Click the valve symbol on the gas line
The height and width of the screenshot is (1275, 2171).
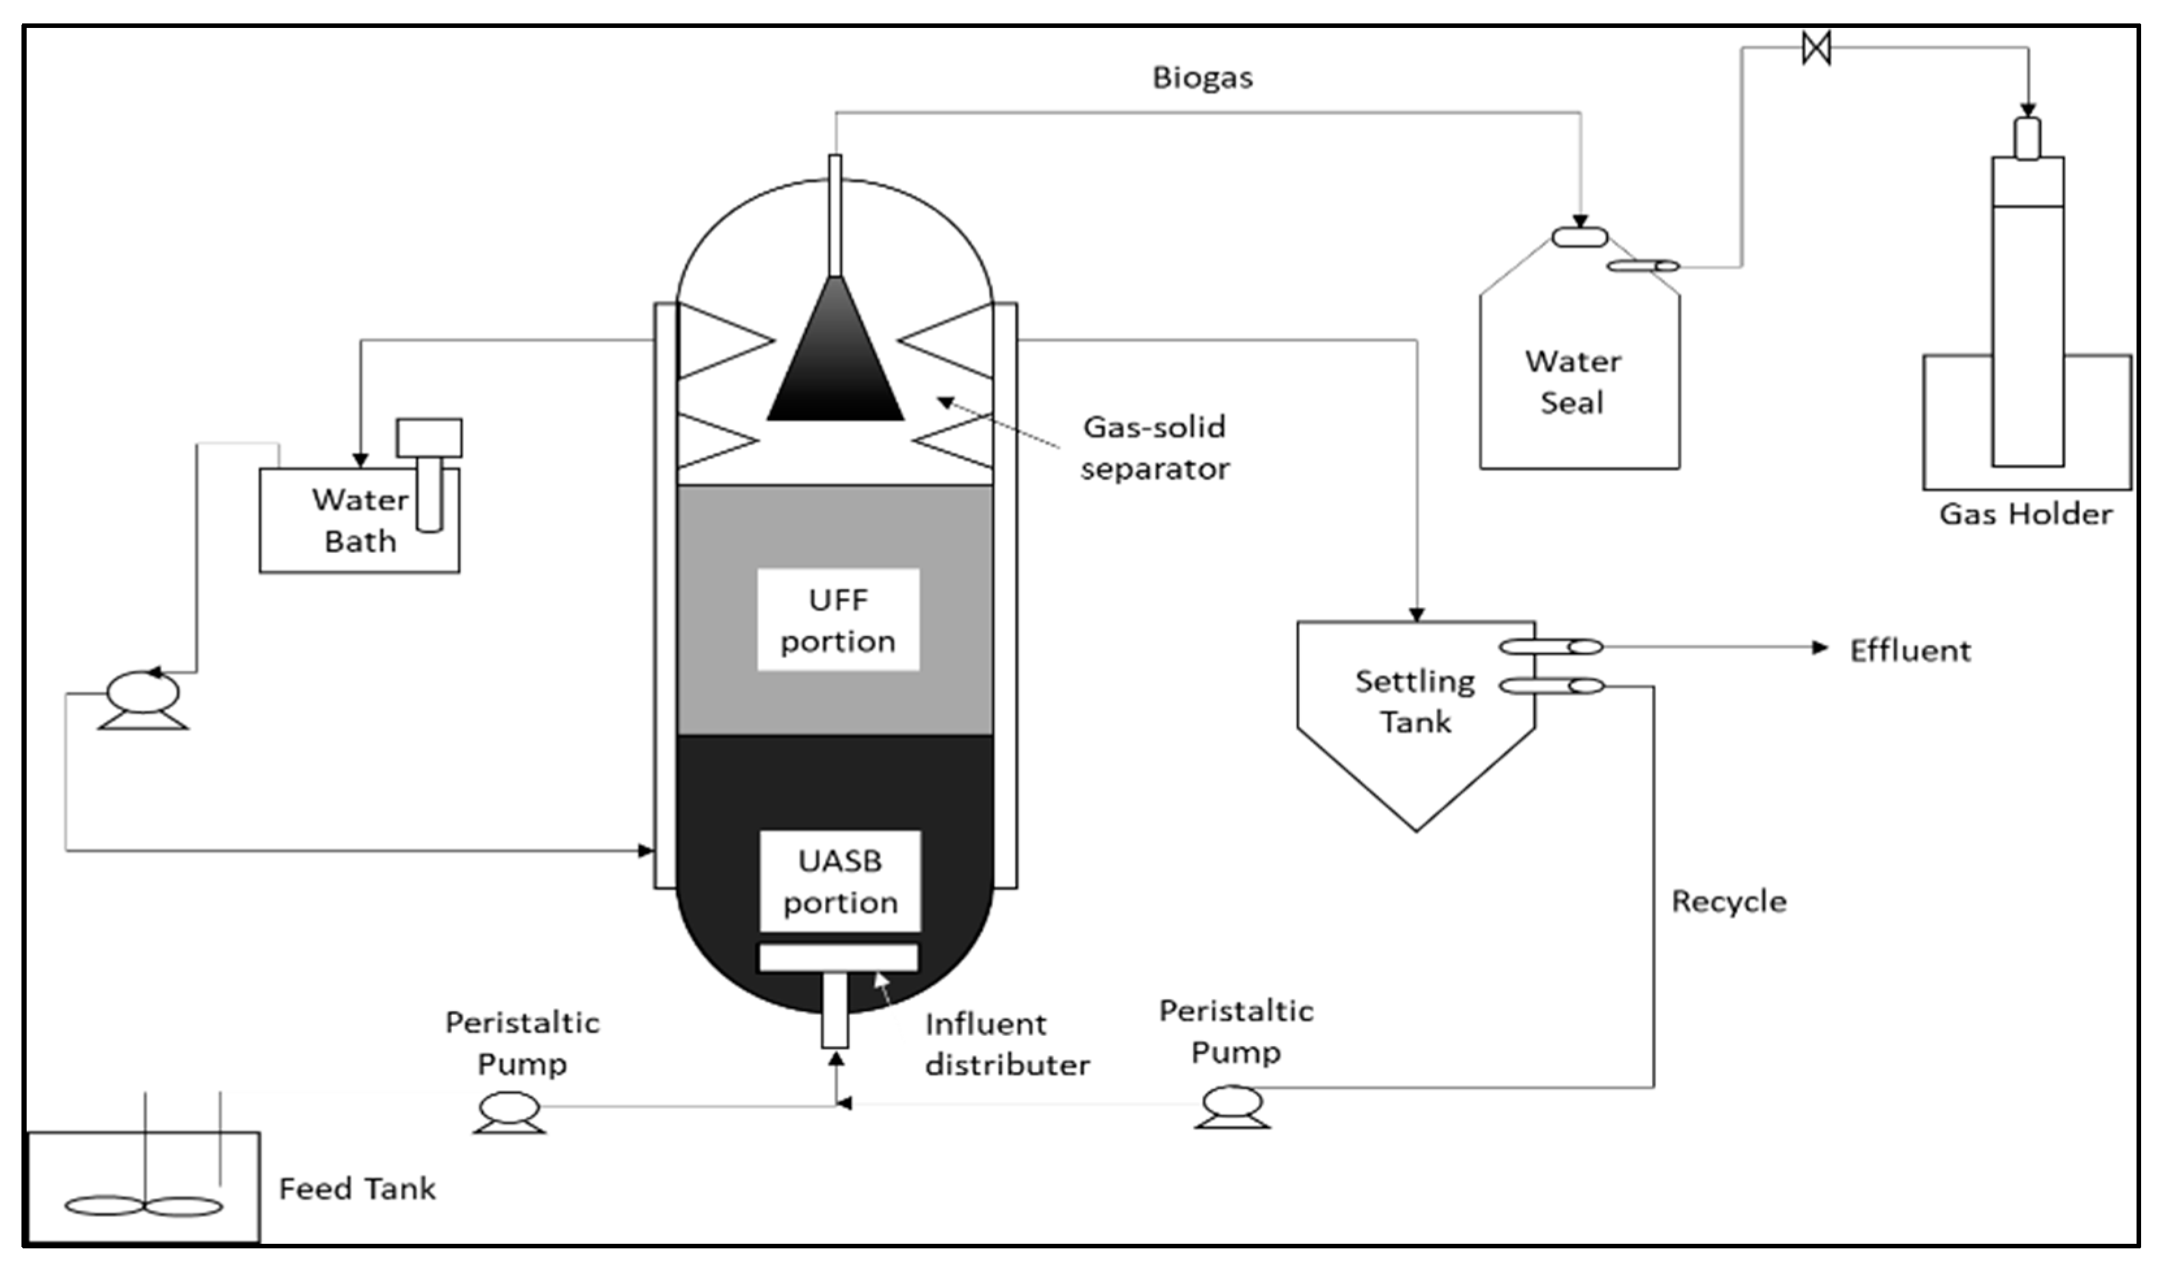[1816, 47]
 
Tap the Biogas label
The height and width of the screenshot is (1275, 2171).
[1203, 77]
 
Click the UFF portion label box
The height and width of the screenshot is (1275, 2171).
[838, 620]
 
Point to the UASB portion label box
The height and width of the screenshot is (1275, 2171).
[840, 880]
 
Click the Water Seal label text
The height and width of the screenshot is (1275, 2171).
[1573, 382]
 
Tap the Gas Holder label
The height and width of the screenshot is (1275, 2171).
[2025, 514]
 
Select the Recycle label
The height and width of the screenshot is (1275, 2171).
[1729, 901]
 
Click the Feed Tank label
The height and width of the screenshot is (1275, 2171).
[357, 1189]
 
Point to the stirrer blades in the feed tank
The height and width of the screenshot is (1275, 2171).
[144, 1207]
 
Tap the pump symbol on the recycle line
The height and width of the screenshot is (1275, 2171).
[1232, 1105]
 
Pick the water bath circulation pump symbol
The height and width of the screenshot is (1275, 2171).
[143, 698]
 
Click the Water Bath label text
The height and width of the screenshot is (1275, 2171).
[360, 520]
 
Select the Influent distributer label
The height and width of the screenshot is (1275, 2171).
[1007, 1044]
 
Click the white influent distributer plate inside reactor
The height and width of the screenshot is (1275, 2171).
[837, 958]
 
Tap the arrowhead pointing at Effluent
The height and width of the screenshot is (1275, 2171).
[1819, 648]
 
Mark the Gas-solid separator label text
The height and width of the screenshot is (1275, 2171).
[1155, 447]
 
